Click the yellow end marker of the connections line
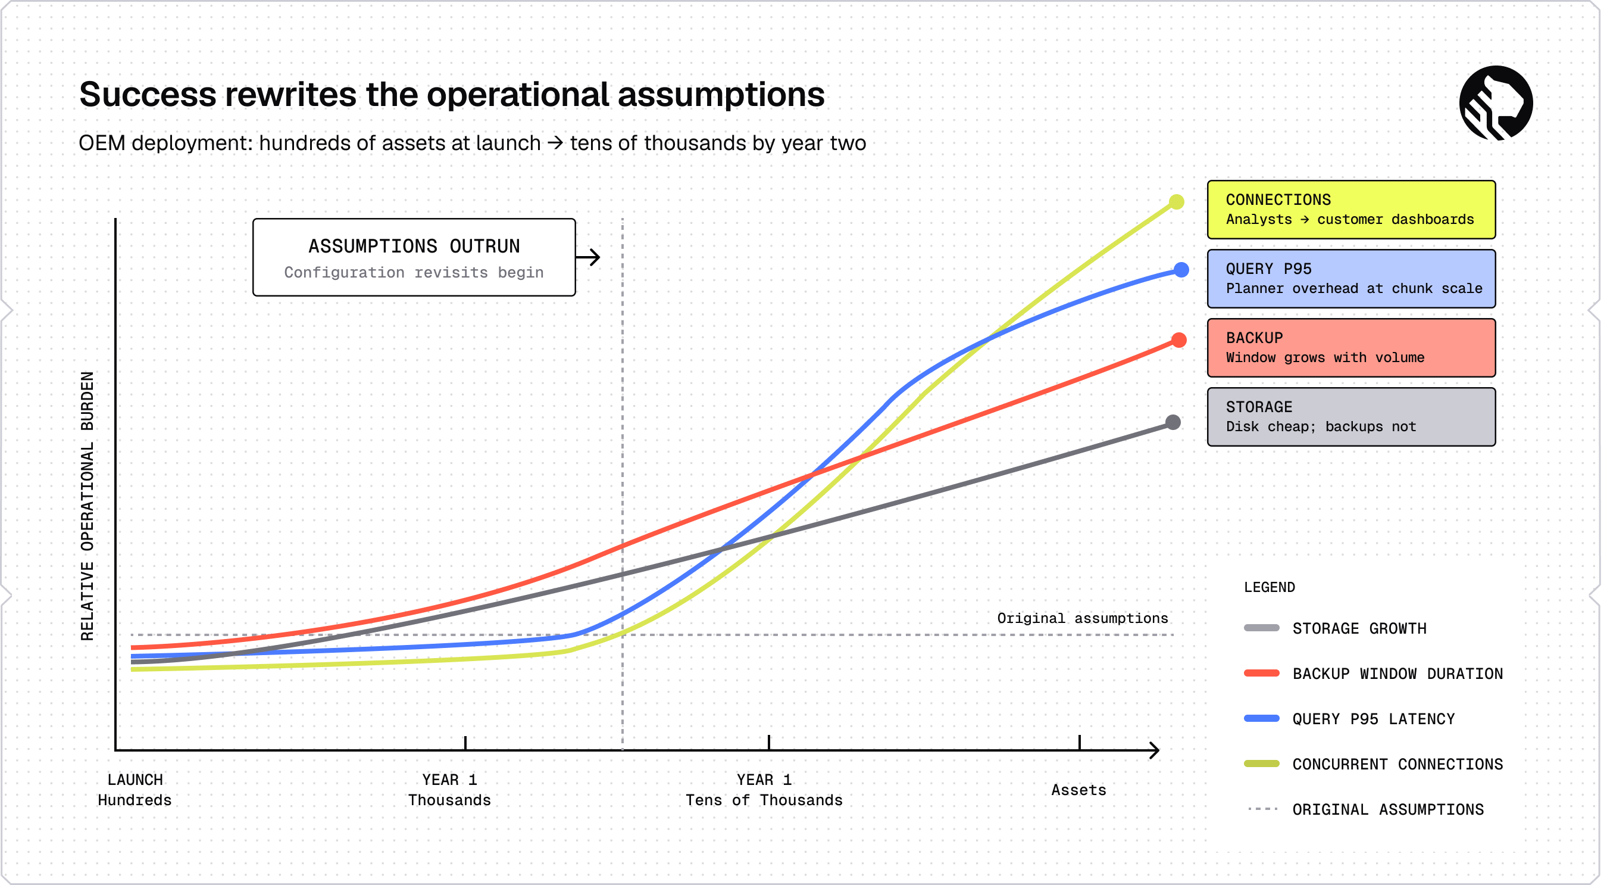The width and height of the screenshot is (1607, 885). tap(1176, 201)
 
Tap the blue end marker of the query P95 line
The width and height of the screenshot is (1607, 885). tap(1181, 270)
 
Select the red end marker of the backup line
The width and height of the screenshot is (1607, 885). tap(1178, 340)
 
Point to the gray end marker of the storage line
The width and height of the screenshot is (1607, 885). tap(1173, 422)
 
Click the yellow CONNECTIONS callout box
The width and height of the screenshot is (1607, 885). tap(1351, 210)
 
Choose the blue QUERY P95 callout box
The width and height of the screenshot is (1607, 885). tap(1351, 279)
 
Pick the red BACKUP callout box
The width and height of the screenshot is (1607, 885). tap(1351, 348)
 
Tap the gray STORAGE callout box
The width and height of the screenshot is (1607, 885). tap(1351, 417)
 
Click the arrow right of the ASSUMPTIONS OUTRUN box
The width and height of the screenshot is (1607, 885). tap(587, 257)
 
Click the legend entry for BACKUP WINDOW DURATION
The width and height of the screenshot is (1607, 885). tap(1373, 674)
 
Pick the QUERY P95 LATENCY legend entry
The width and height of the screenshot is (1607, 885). tap(1349, 719)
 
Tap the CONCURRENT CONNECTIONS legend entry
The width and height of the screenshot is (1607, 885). tap(1373, 764)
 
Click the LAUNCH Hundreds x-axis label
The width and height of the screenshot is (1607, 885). tap(135, 790)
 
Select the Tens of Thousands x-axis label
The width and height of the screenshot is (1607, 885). tap(764, 800)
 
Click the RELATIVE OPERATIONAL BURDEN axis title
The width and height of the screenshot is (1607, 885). tap(87, 506)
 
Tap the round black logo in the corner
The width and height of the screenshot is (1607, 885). tap(1496, 103)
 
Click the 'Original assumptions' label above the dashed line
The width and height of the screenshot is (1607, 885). tap(1083, 618)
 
